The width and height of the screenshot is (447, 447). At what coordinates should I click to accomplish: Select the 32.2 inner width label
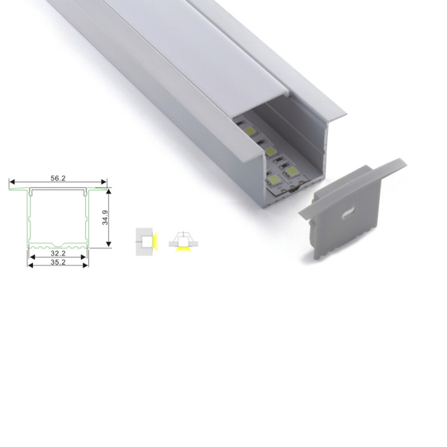58,253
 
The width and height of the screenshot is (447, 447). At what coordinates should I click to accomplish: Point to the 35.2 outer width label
58,261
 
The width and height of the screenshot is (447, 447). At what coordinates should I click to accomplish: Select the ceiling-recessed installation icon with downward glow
183,242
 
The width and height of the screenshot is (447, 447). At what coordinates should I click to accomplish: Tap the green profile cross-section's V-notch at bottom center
58,245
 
